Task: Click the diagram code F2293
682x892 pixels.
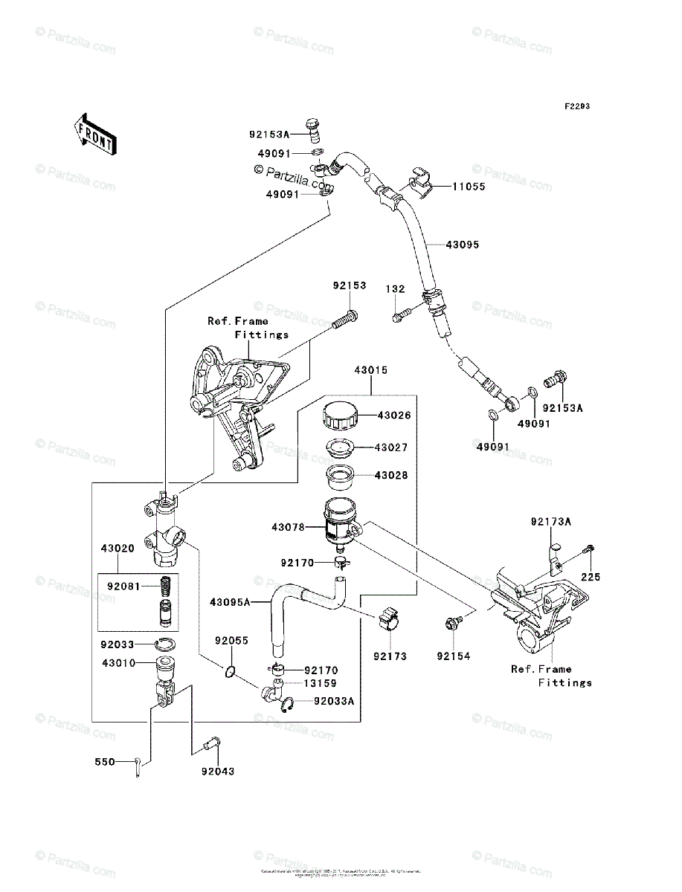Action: click(576, 107)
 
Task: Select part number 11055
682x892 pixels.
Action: click(469, 187)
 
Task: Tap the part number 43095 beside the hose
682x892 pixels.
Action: click(463, 244)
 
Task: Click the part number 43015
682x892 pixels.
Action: click(370, 369)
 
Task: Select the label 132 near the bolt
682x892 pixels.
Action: click(395, 288)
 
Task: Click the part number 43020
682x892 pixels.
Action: click(118, 549)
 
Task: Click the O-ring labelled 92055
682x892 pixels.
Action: click(230, 673)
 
